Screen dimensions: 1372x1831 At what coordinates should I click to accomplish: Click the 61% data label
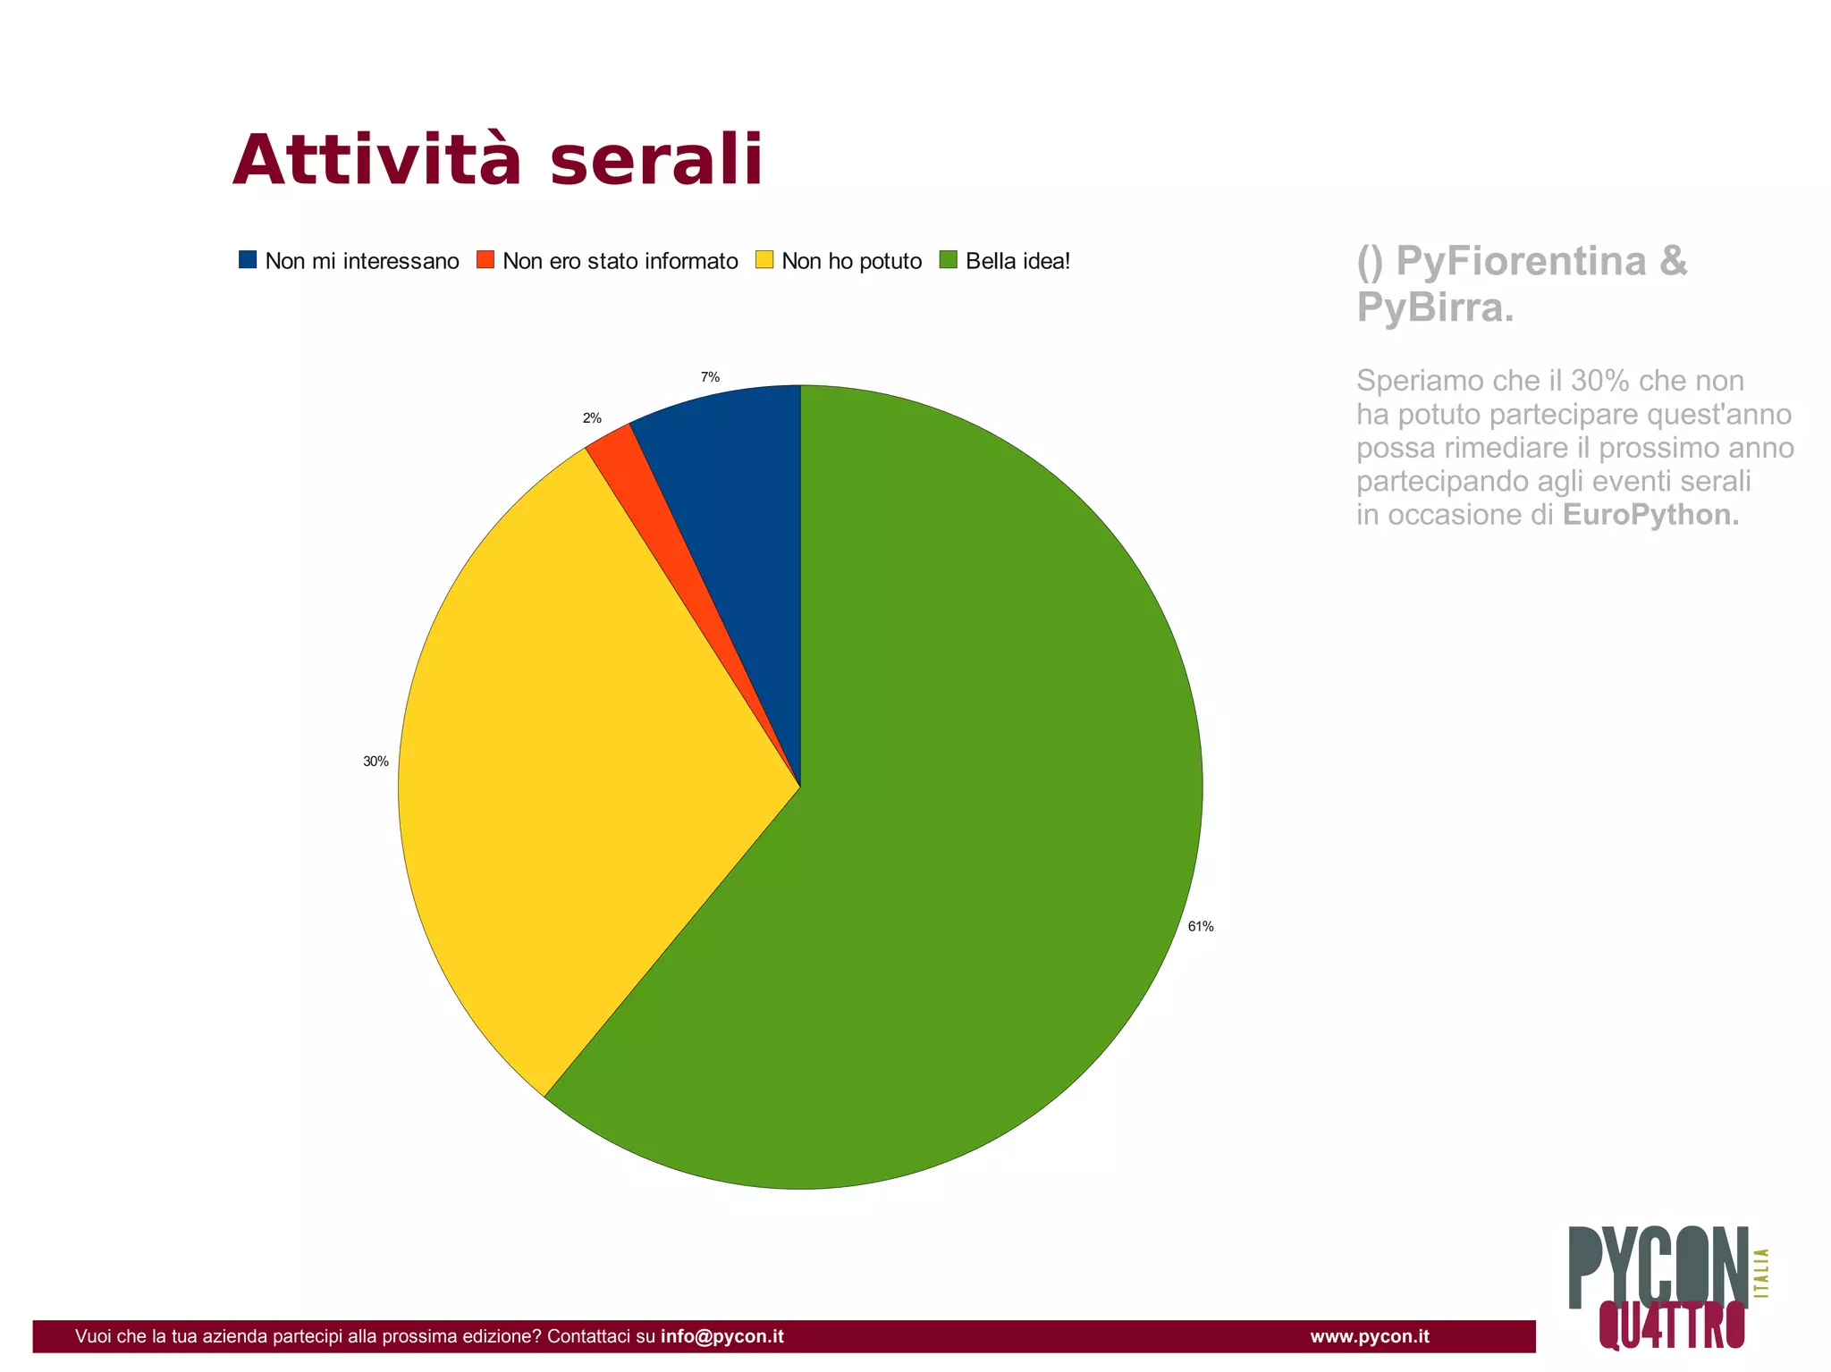(x=1200, y=927)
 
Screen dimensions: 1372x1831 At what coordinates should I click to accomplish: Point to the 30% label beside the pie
(x=375, y=762)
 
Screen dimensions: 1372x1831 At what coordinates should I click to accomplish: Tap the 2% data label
(x=592, y=418)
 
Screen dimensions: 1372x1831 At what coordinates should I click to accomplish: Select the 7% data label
(x=710, y=377)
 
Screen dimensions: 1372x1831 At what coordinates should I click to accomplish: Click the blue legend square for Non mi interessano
(x=248, y=260)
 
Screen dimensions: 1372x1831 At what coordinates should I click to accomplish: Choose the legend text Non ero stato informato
(x=620, y=261)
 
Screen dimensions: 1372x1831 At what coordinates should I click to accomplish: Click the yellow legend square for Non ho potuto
(x=764, y=260)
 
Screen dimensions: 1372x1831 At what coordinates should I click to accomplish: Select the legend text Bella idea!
(x=1017, y=261)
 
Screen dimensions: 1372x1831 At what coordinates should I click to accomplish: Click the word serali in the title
(x=656, y=161)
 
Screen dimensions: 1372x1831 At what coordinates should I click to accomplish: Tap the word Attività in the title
(x=376, y=161)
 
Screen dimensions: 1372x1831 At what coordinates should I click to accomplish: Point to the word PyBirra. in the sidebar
(x=1435, y=308)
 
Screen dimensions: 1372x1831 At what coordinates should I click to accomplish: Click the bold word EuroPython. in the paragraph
(x=1650, y=515)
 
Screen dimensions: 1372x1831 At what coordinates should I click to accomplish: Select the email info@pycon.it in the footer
(x=721, y=1336)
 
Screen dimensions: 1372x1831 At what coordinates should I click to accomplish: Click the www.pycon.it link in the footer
(x=1369, y=1336)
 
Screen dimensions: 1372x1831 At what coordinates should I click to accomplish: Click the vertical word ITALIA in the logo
(x=1762, y=1273)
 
